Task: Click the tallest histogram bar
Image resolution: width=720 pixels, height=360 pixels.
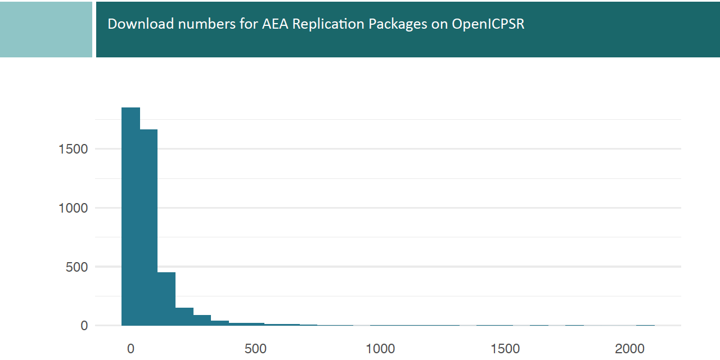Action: tap(130, 216)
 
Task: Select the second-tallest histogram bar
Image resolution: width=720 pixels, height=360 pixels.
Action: tap(148, 227)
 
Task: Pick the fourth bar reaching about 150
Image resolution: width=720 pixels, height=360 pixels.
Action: tap(184, 316)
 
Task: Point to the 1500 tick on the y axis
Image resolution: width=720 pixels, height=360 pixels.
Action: tap(73, 149)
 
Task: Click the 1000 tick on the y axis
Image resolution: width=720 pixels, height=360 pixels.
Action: tap(73, 208)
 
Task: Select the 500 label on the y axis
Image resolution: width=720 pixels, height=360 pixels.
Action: tap(77, 267)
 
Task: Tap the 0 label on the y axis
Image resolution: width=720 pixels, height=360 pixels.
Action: tap(84, 326)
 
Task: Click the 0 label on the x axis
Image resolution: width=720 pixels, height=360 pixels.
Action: tap(130, 349)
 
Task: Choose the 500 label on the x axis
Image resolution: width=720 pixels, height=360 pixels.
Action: tap(255, 349)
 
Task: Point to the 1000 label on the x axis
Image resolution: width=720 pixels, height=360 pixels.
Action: tap(380, 349)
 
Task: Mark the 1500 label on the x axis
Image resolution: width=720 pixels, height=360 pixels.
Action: tap(505, 349)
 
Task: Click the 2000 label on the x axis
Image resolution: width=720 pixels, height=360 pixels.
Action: tap(630, 349)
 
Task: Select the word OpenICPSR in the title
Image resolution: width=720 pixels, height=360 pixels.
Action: tap(488, 24)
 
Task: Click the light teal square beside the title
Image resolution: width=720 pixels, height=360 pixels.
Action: tap(46, 29)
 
